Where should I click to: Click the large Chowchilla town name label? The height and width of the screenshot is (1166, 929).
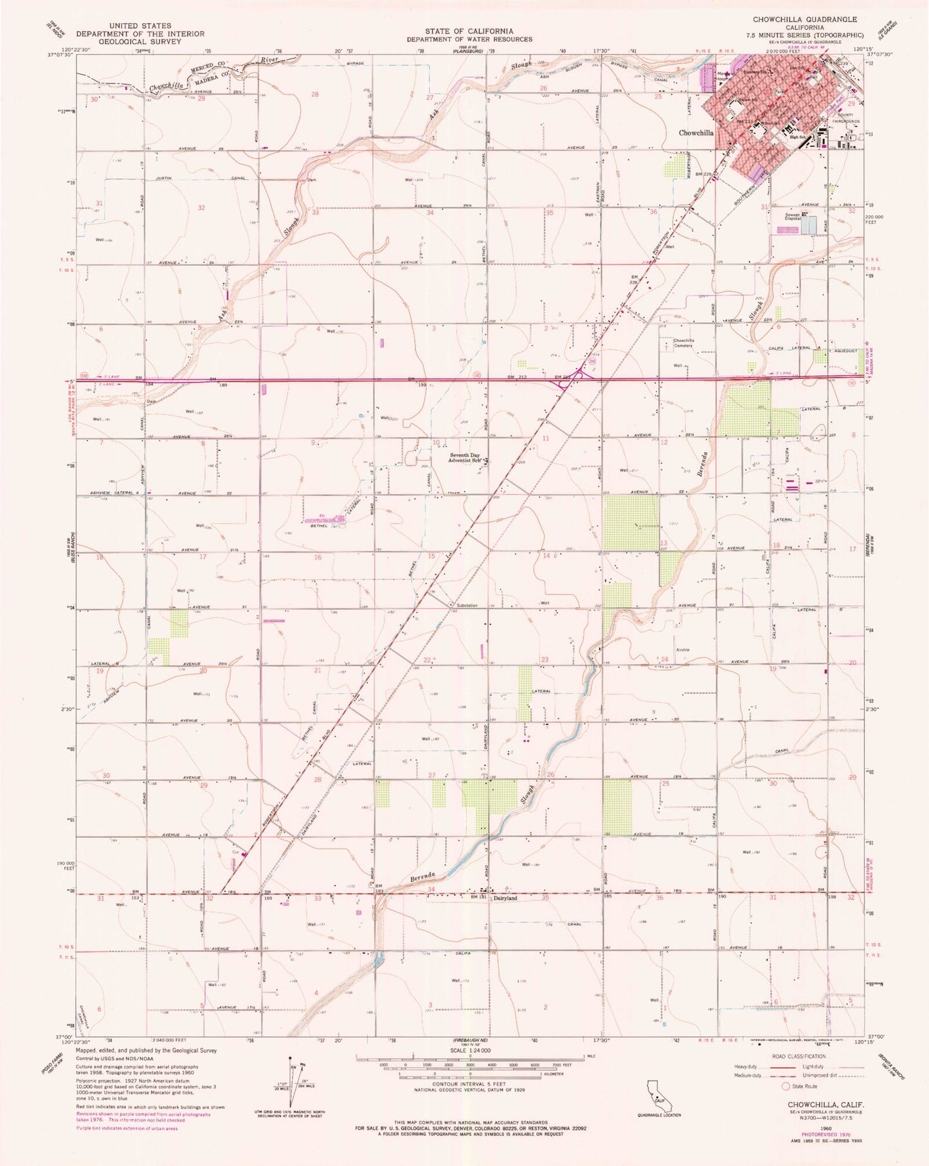[696, 132]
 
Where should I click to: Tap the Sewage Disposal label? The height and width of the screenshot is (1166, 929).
[792, 216]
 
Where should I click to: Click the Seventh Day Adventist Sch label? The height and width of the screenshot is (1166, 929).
[467, 457]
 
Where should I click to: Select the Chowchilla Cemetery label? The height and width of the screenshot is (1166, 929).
[683, 342]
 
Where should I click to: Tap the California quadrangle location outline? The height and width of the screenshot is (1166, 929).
[660, 1095]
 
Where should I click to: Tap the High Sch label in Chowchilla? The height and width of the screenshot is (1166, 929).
[798, 137]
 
